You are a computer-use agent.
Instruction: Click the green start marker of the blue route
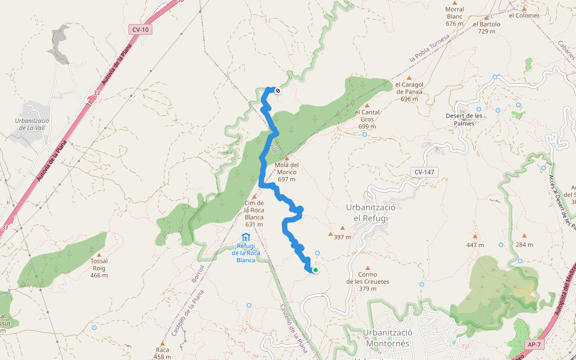315,270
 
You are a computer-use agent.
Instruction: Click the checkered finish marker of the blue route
278,91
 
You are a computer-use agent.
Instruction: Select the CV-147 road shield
425,172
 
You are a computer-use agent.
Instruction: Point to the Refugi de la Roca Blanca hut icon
245,238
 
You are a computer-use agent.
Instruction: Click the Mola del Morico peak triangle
286,158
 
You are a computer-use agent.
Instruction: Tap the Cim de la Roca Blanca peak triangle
254,196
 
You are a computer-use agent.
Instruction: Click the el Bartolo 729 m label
487,28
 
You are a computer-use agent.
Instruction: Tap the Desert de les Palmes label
464,119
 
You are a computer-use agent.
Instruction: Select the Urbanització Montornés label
387,338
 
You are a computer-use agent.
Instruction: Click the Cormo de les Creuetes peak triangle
368,268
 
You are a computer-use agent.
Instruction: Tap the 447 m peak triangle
475,236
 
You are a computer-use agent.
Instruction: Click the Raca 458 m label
163,353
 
